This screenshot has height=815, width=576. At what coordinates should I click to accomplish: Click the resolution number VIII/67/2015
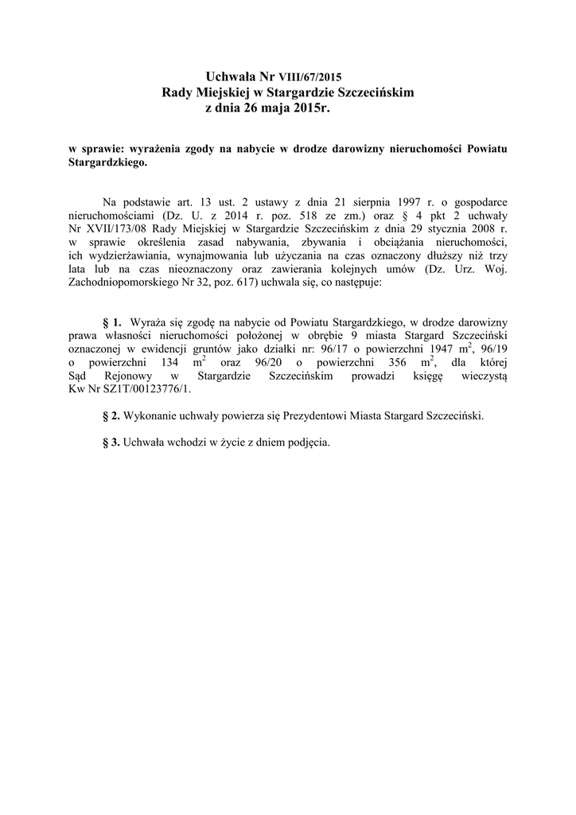309,78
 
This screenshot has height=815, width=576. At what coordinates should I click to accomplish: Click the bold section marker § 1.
112,322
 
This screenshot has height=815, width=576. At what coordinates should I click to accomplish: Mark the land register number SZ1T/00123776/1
147,390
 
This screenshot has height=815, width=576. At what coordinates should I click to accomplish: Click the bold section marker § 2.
111,416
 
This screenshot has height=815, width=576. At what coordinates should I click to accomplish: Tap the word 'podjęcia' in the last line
306,443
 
